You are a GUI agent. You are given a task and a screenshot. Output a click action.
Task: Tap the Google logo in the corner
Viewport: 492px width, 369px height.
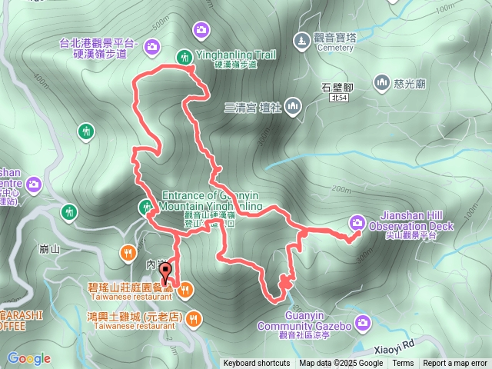point(28,358)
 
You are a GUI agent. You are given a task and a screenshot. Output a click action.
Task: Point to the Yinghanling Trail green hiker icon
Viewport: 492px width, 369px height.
point(184,56)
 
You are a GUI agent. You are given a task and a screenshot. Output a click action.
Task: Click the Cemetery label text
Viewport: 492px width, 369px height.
point(334,48)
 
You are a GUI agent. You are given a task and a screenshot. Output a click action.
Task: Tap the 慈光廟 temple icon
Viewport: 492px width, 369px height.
point(382,82)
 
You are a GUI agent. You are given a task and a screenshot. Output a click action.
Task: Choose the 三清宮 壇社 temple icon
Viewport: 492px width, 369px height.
point(292,106)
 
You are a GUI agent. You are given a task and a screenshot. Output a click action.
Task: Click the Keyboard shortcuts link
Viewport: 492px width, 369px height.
point(257,364)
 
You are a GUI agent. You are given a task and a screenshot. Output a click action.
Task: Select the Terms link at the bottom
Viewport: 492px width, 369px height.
point(403,364)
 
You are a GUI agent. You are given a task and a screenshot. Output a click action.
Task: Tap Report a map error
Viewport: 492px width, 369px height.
point(456,364)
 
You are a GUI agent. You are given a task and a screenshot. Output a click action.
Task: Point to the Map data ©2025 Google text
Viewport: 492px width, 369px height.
point(341,364)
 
